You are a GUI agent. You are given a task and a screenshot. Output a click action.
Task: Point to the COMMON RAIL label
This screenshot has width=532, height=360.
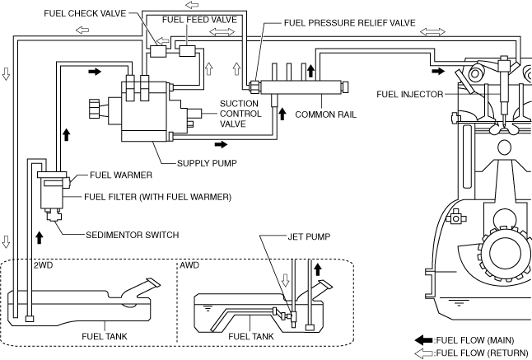tap(325, 115)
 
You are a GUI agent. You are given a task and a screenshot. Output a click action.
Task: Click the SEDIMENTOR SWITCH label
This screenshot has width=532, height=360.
tap(133, 234)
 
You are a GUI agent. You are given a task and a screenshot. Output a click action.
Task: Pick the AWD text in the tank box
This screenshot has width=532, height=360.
tap(190, 267)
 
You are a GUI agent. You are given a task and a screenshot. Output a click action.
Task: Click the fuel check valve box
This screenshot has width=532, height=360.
tap(159, 51)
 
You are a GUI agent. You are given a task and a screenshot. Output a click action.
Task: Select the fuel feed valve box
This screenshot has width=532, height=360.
tap(188, 51)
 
